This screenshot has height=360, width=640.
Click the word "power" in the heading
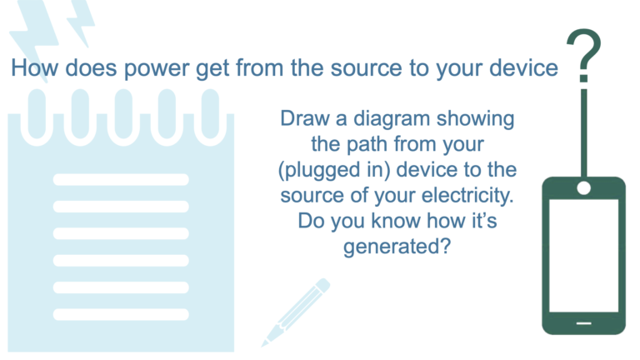[x=157, y=68]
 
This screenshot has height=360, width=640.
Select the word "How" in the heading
[x=35, y=67]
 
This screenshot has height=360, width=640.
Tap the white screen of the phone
[x=583, y=256]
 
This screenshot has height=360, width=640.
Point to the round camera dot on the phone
[x=583, y=188]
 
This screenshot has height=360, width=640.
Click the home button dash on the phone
[x=583, y=323]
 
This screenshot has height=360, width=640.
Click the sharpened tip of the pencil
[x=263, y=345]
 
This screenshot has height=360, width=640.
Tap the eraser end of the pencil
[x=323, y=284]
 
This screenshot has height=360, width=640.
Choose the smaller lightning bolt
[x=82, y=22]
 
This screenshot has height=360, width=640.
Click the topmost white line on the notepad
[x=121, y=180]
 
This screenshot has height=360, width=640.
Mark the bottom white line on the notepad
[x=121, y=315]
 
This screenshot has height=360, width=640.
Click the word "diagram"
[x=392, y=120]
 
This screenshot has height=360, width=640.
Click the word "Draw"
[x=304, y=119]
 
